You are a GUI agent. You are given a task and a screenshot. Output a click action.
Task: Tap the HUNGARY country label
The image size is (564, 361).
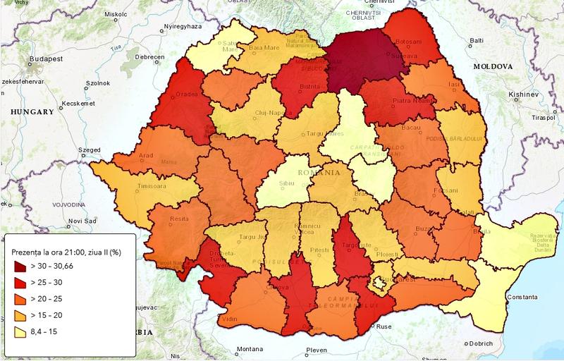pos(28,112)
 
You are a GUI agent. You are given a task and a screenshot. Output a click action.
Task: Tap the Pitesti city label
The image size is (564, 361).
pos(319,250)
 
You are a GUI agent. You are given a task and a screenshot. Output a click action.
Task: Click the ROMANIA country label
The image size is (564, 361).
pos(317,172)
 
